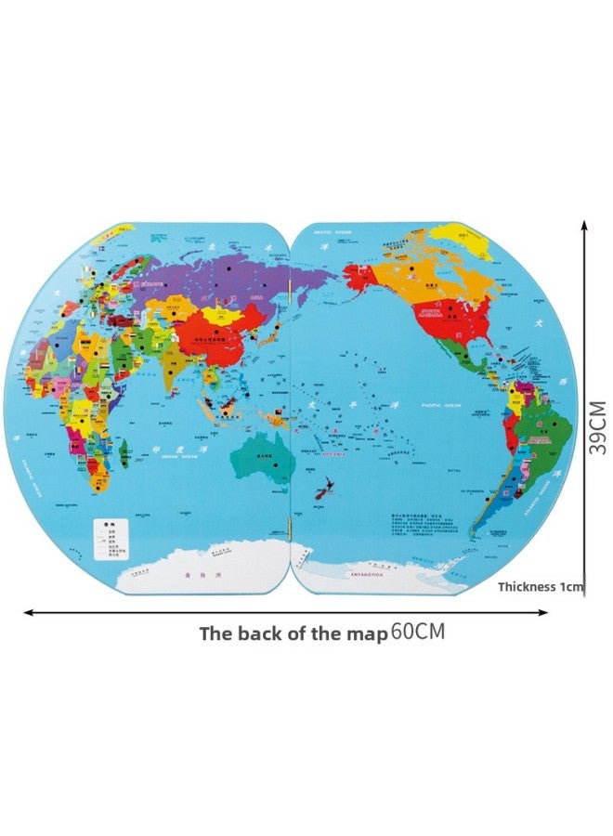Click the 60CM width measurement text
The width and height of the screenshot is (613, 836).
click(x=418, y=633)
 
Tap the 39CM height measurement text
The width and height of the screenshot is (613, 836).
click(x=596, y=427)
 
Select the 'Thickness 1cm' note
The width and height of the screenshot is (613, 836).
click(x=541, y=586)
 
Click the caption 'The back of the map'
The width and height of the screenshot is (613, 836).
click(x=293, y=634)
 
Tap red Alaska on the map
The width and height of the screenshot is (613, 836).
click(x=361, y=274)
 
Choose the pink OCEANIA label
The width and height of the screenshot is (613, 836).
click(x=332, y=455)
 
